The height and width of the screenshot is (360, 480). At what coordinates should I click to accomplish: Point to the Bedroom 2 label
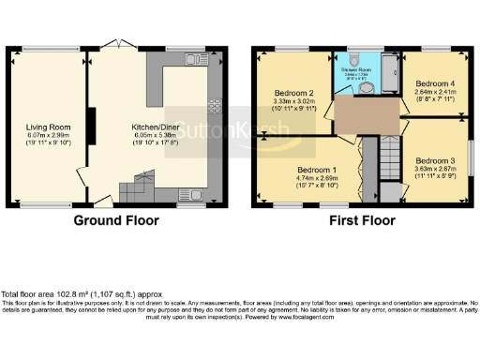tap(292, 94)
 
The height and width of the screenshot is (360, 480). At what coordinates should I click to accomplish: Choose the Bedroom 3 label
tap(434, 159)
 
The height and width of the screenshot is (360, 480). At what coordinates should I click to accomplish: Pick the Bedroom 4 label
tap(434, 83)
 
